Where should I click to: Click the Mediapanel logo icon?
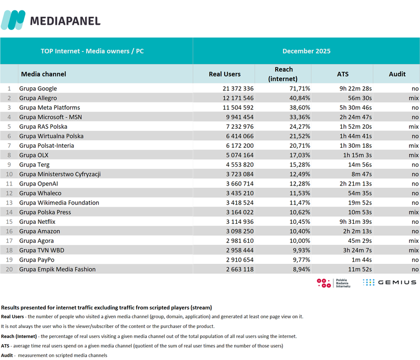click(13, 20)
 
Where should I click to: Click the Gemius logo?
click(389, 282)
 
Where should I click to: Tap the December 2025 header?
click(306, 51)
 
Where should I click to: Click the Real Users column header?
click(225, 74)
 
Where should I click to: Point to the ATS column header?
click(342, 74)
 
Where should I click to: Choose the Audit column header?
click(397, 74)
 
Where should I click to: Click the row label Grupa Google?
click(38, 89)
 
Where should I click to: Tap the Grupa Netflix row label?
click(38, 222)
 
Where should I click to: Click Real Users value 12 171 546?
click(235, 98)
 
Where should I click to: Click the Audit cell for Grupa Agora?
click(414, 241)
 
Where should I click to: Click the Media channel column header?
click(44, 74)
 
